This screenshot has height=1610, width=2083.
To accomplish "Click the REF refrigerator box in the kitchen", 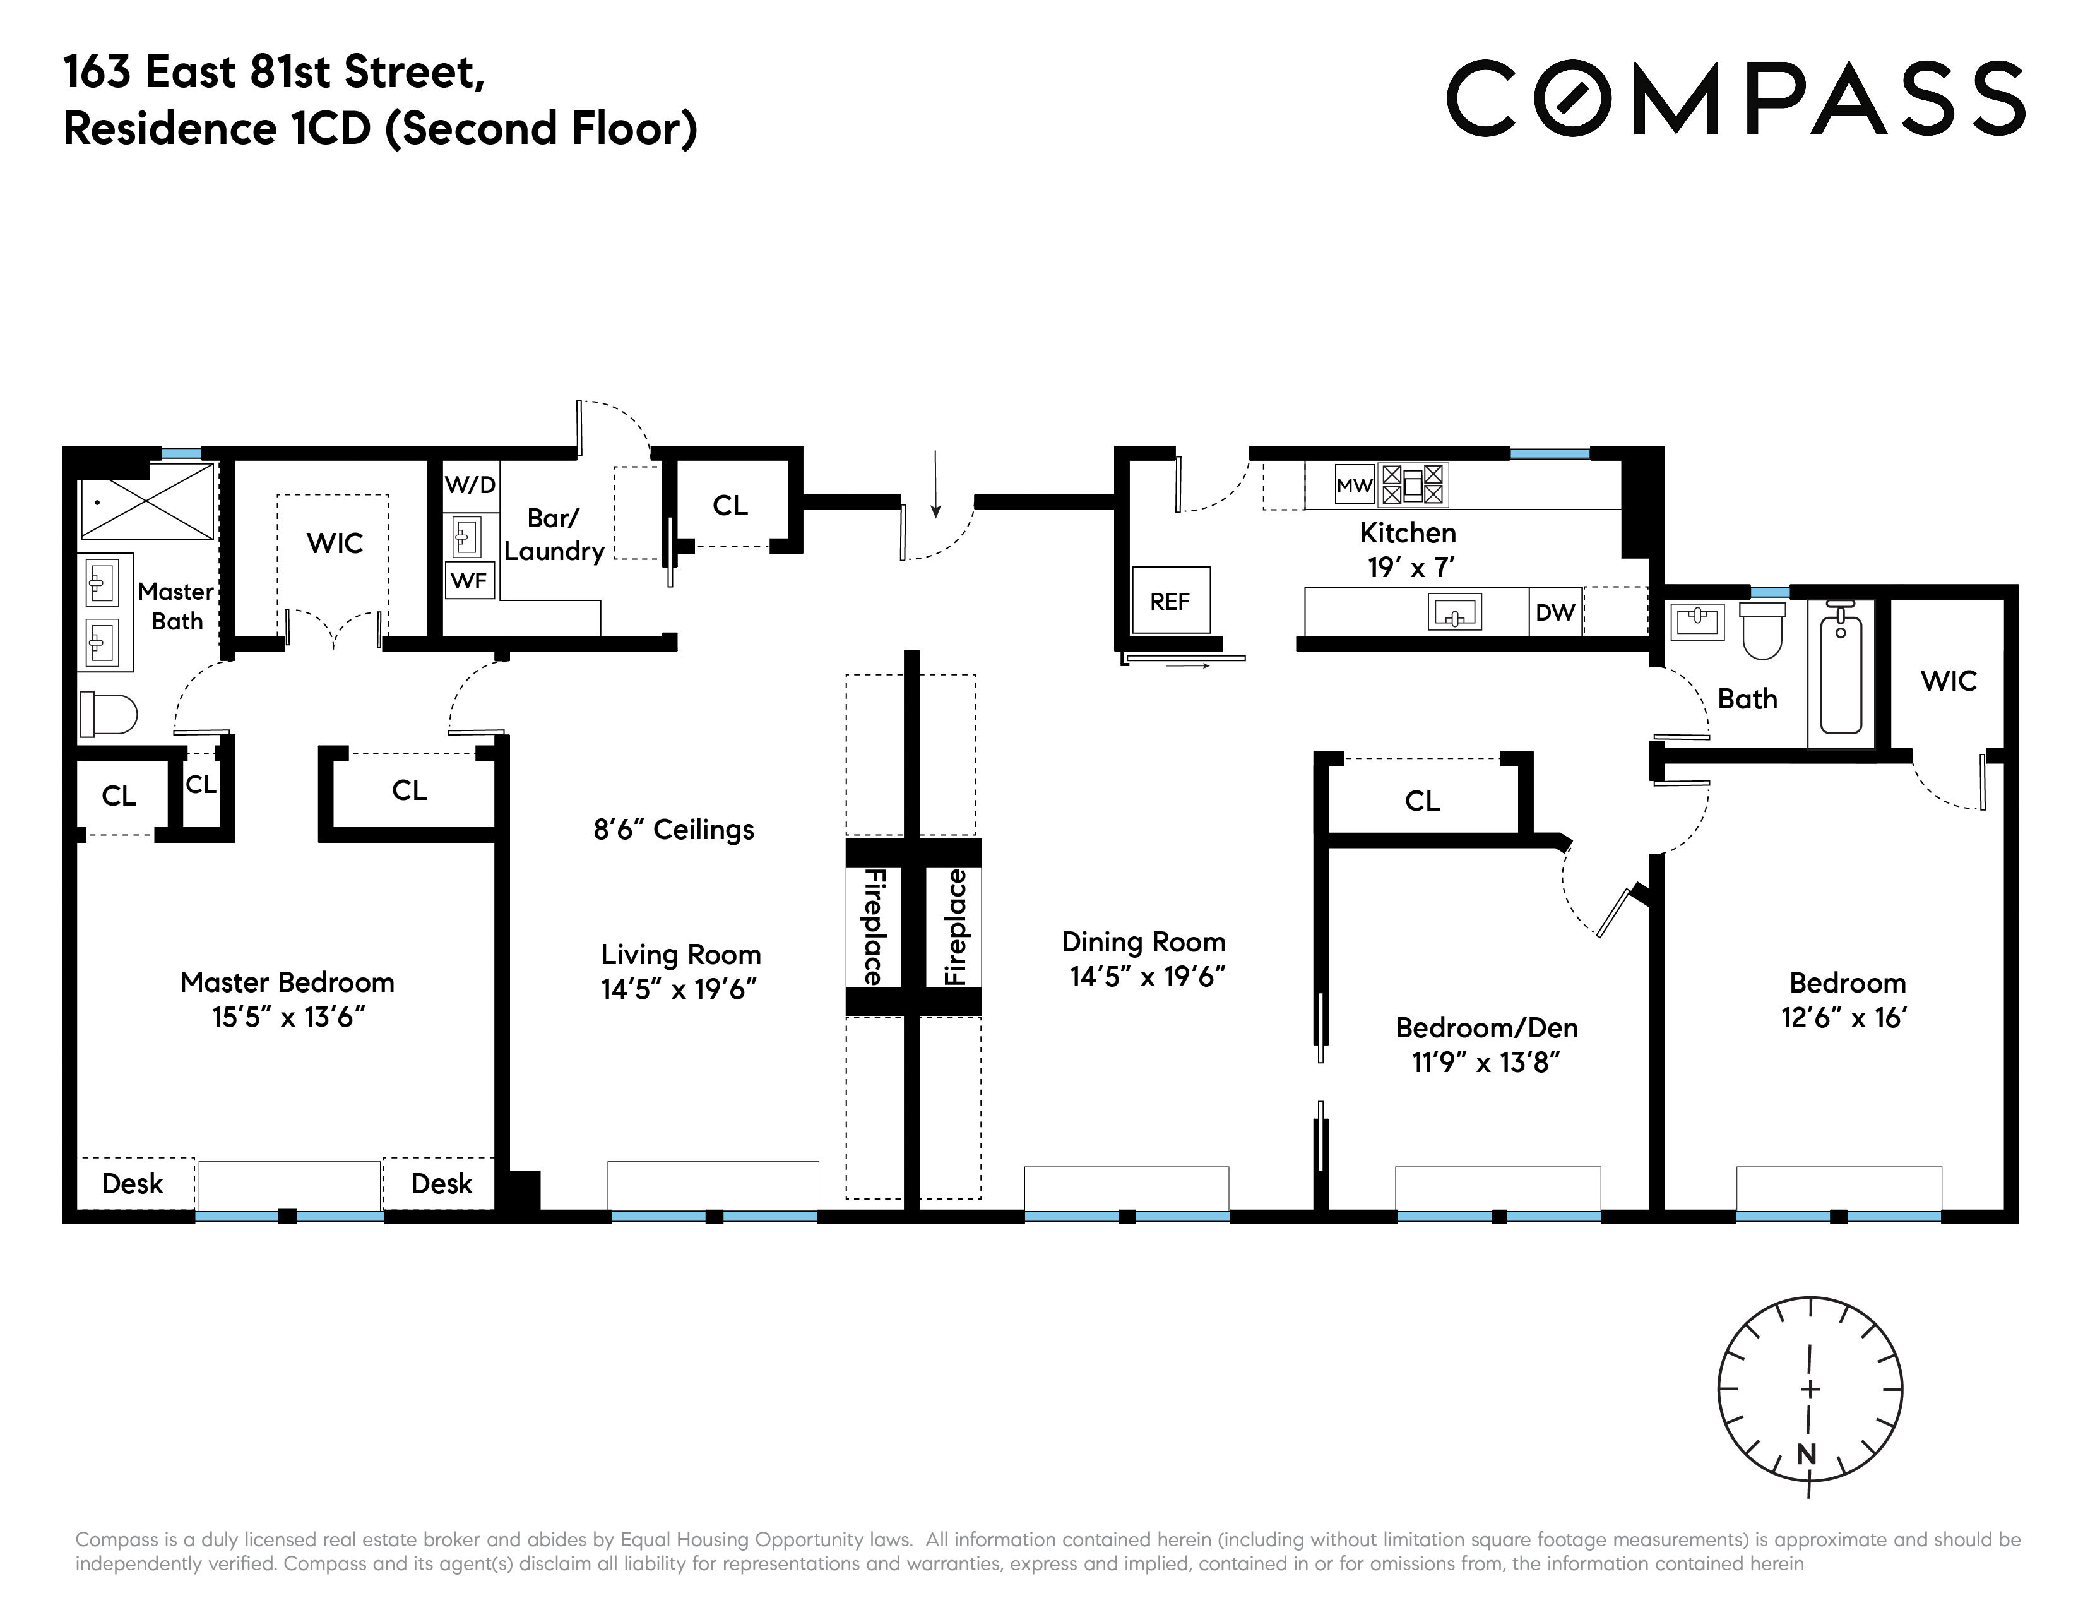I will point(1170,601).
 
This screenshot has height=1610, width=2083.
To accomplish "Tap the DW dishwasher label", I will point(1555,612).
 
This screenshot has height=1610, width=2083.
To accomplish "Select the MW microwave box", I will point(1353,486).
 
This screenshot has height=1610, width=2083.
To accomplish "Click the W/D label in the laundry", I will point(470,486).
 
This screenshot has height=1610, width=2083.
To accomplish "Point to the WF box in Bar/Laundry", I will point(469,580).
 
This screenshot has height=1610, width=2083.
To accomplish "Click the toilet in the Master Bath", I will point(108,713).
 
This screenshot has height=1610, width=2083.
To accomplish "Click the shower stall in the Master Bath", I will point(148,502).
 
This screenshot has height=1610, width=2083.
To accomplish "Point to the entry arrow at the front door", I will point(935,484).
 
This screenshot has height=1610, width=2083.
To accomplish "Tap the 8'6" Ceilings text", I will point(674,830).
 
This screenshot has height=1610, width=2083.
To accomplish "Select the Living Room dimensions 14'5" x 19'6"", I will point(679,989).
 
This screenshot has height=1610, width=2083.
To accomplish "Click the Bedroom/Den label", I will point(1486,1027).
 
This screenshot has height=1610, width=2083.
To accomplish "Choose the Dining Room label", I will point(1144,943).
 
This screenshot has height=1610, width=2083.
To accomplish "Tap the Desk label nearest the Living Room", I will point(442,1184).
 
